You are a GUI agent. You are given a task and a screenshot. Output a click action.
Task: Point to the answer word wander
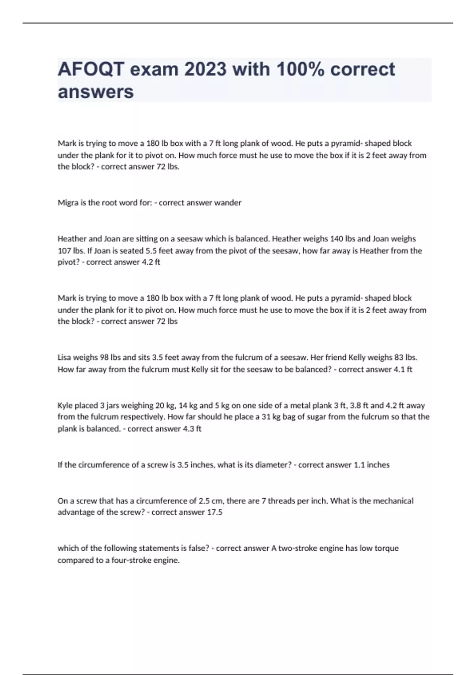pos(228,203)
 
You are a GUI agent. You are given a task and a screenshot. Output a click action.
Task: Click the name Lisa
pos(64,357)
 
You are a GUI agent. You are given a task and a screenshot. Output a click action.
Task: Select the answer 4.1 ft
pos(403,369)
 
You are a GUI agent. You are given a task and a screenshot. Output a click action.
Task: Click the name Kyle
pos(65,405)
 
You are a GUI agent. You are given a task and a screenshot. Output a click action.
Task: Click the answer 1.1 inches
pos(372,465)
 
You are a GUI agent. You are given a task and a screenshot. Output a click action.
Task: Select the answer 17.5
pos(215,512)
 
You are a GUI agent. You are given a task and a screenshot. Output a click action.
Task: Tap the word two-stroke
pos(299,548)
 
